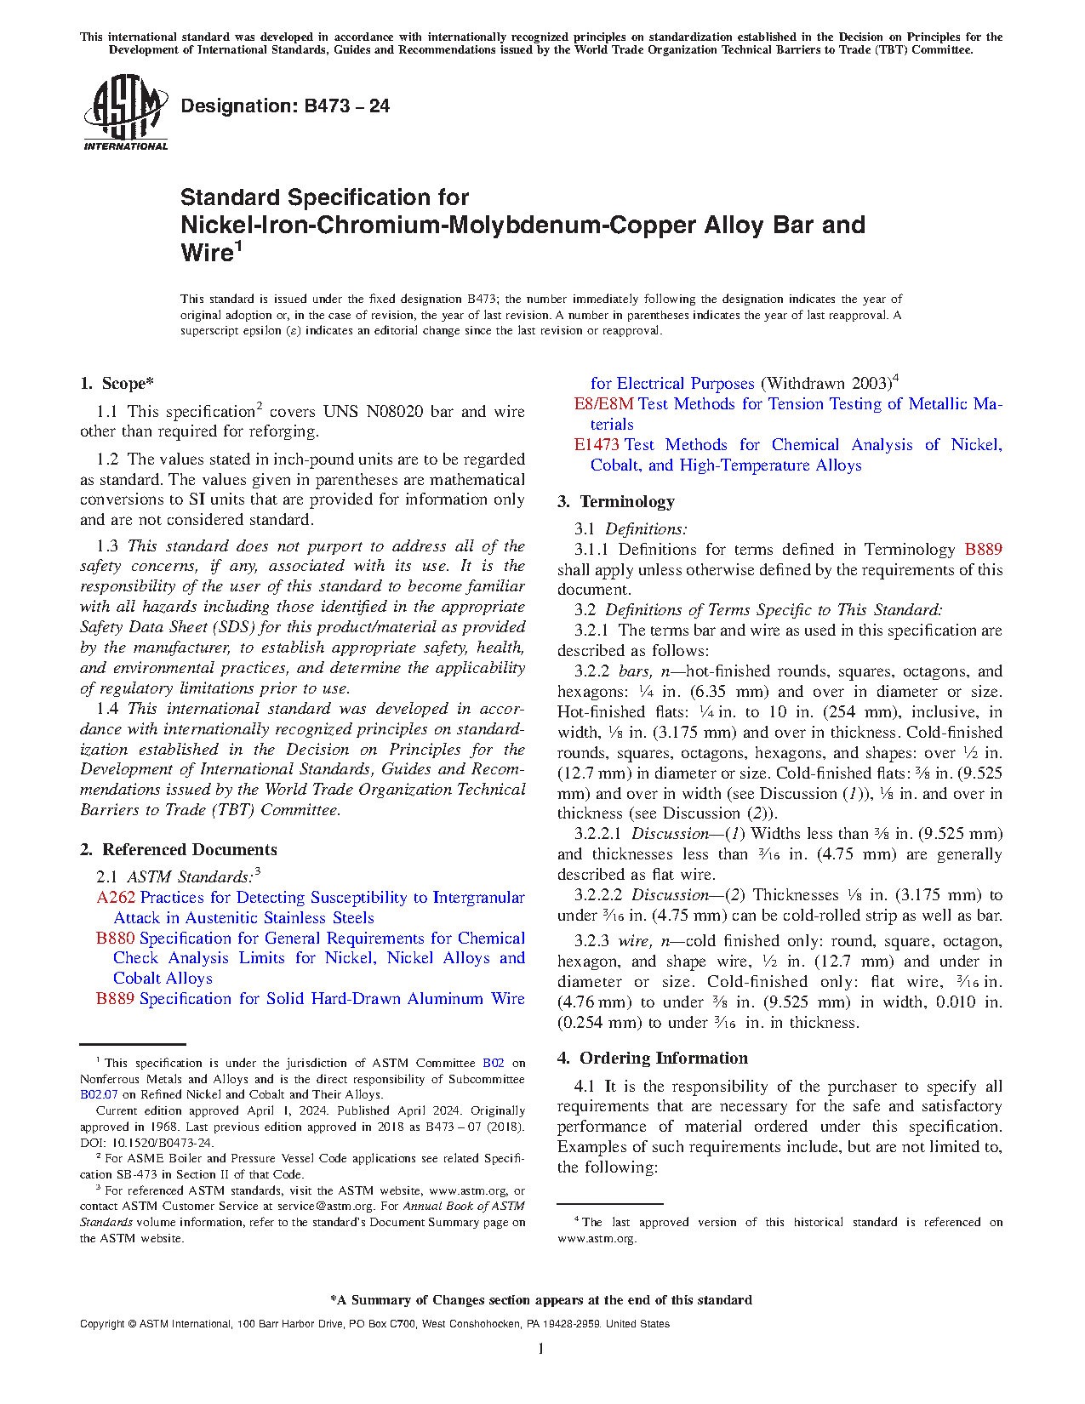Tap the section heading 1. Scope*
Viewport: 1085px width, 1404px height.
[x=117, y=384]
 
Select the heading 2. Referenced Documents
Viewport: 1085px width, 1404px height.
[x=179, y=849]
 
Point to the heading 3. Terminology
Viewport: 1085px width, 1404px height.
[x=616, y=501]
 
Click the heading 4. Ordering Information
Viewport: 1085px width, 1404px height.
[x=653, y=1058]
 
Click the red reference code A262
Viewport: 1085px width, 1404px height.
[x=116, y=898]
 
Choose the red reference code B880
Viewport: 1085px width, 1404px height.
[x=115, y=939]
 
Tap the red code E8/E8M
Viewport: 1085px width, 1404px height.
[x=603, y=404]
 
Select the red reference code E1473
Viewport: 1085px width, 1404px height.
[x=596, y=445]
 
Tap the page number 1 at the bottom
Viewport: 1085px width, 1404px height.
[x=541, y=1348]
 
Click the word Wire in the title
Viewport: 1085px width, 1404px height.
[x=207, y=254]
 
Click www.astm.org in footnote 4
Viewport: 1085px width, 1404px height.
[x=597, y=1239]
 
